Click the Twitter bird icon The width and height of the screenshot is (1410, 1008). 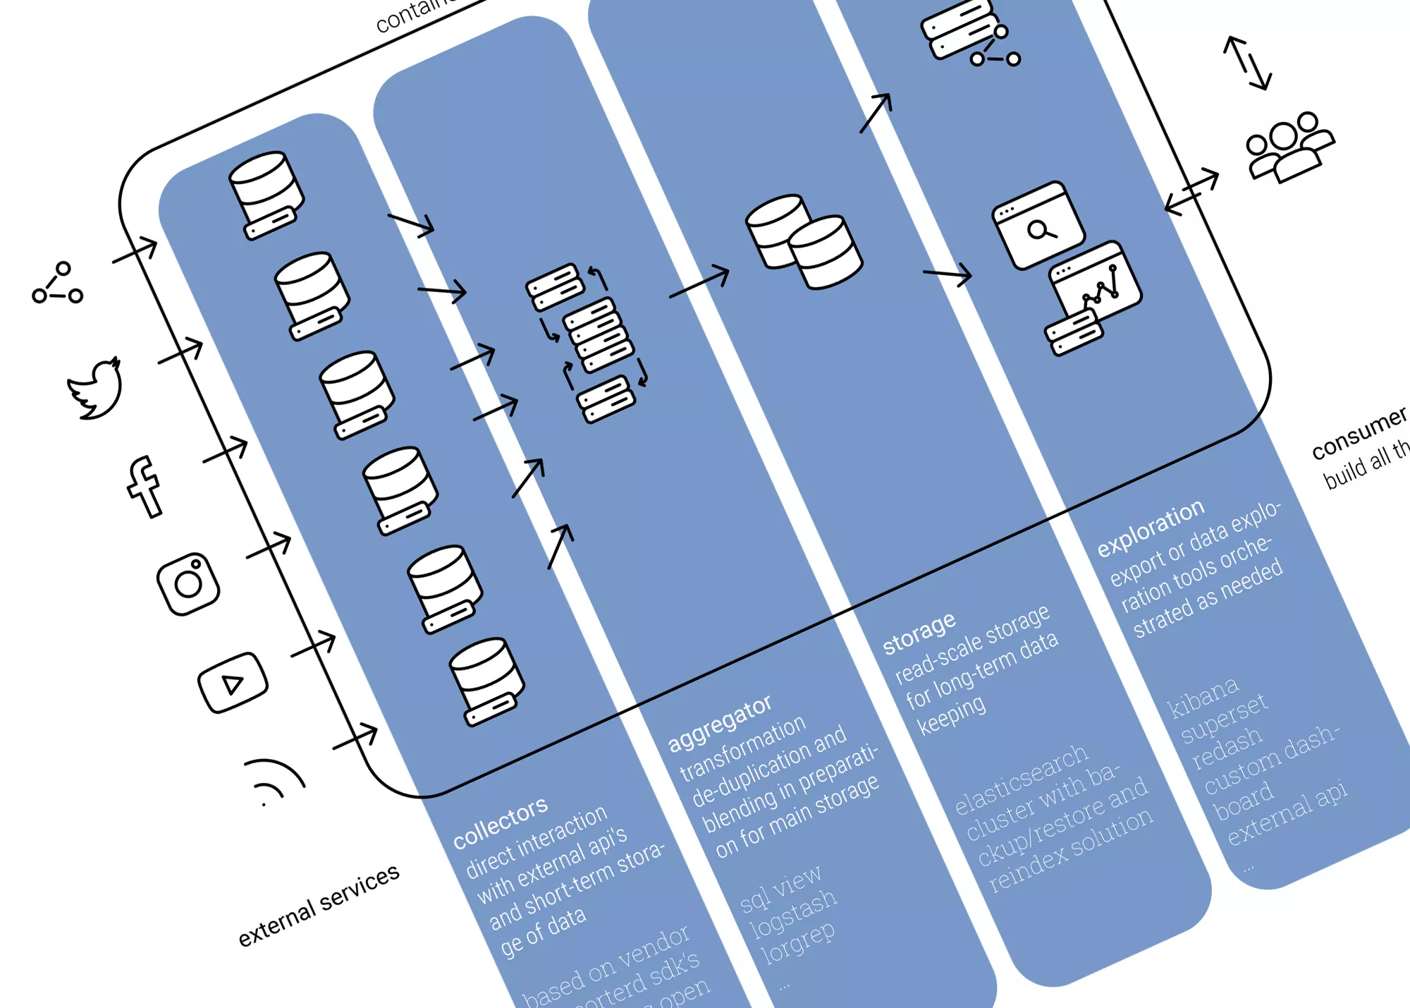coord(96,389)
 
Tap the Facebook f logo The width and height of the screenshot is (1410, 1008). coord(144,487)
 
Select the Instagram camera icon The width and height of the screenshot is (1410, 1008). coord(188,583)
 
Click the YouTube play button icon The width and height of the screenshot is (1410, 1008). coord(233,682)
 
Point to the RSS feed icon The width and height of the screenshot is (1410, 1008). coord(275,782)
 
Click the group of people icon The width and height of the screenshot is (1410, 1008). coord(1289,147)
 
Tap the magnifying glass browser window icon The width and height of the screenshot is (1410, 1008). coord(1038,226)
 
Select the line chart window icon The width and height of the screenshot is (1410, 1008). coord(1095,282)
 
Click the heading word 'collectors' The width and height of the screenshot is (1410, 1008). coord(501,822)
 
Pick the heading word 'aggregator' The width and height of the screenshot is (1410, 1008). coord(720,723)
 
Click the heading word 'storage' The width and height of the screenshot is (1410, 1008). coord(919,632)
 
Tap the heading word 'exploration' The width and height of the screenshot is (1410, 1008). coord(1151,528)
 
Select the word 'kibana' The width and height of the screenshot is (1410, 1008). coord(1203,697)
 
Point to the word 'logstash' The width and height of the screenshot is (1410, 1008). coord(793,912)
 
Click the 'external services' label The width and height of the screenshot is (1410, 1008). coord(319,905)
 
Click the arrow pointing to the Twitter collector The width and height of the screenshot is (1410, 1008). coord(181,351)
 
